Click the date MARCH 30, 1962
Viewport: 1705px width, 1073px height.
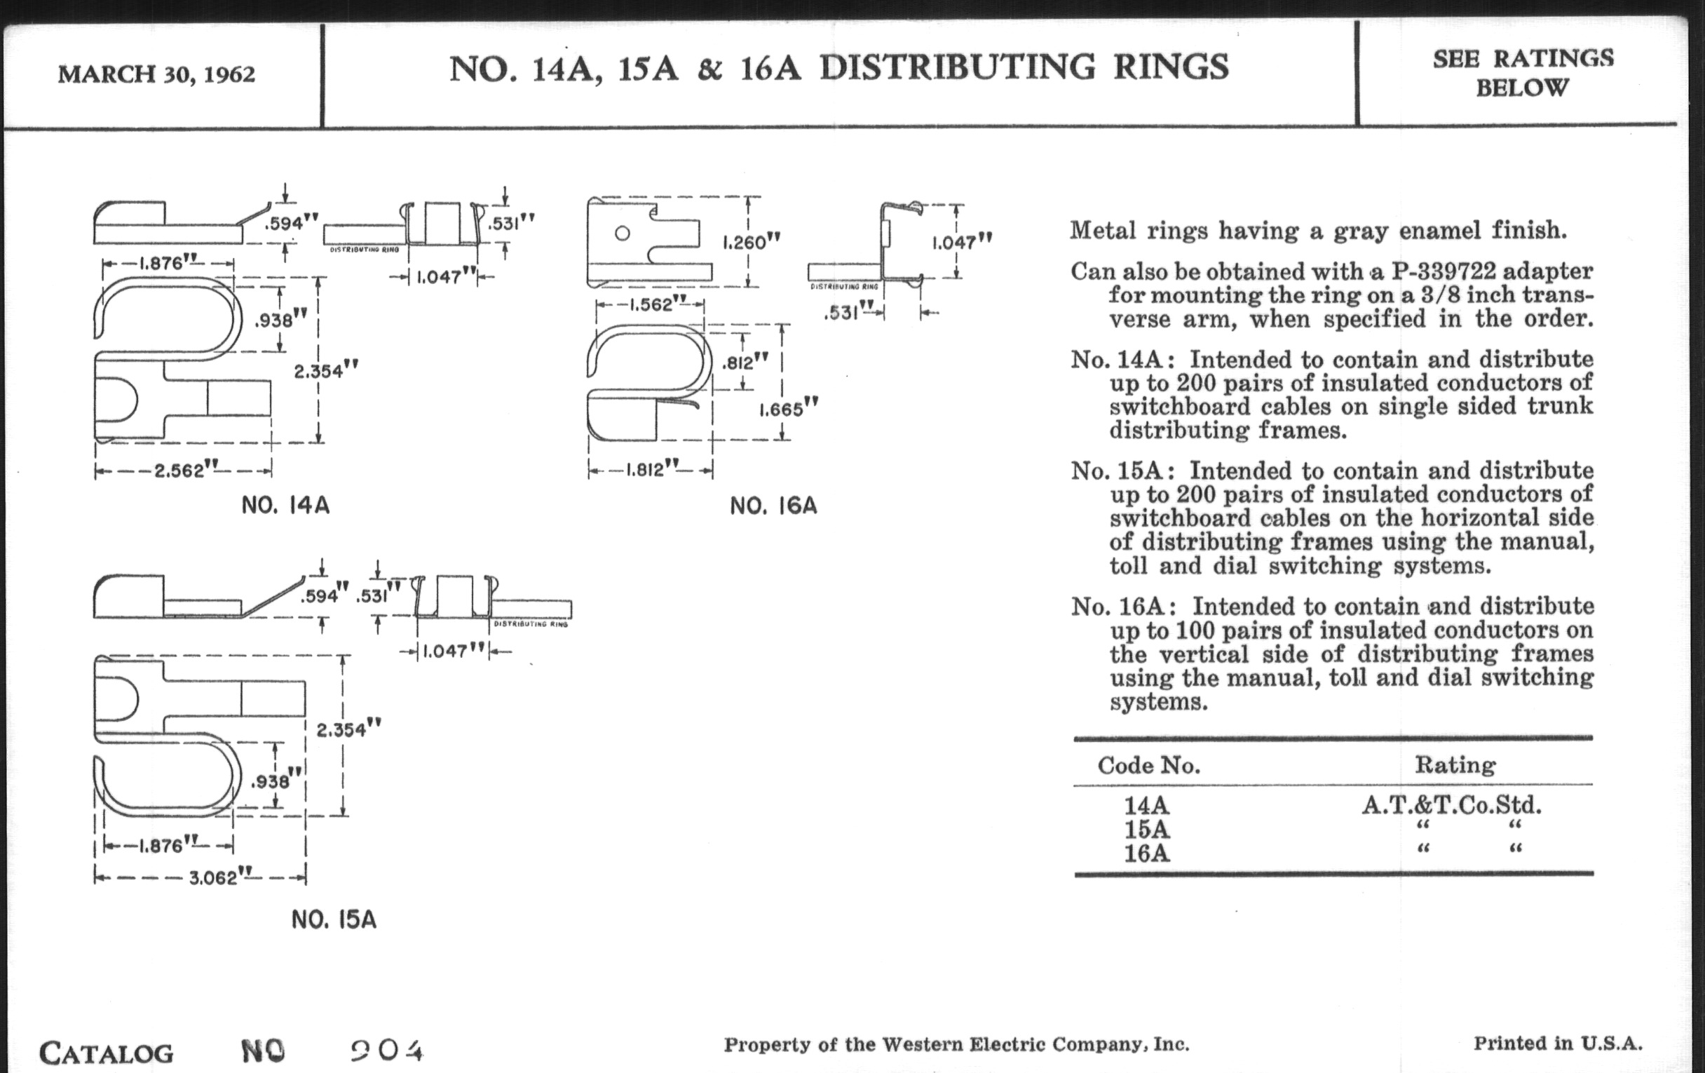156,74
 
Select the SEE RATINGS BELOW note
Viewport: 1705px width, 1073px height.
1522,73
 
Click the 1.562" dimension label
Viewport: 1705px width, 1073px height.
651,305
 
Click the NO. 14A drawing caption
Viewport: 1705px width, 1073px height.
285,506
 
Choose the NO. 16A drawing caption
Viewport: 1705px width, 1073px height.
773,506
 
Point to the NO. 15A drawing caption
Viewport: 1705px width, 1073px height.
334,920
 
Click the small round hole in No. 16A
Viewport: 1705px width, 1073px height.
623,234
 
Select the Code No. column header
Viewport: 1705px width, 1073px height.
1148,766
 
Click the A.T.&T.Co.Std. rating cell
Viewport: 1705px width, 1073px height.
1451,805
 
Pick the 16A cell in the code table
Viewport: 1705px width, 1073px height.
1146,853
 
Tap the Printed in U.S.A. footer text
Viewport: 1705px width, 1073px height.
1558,1044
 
